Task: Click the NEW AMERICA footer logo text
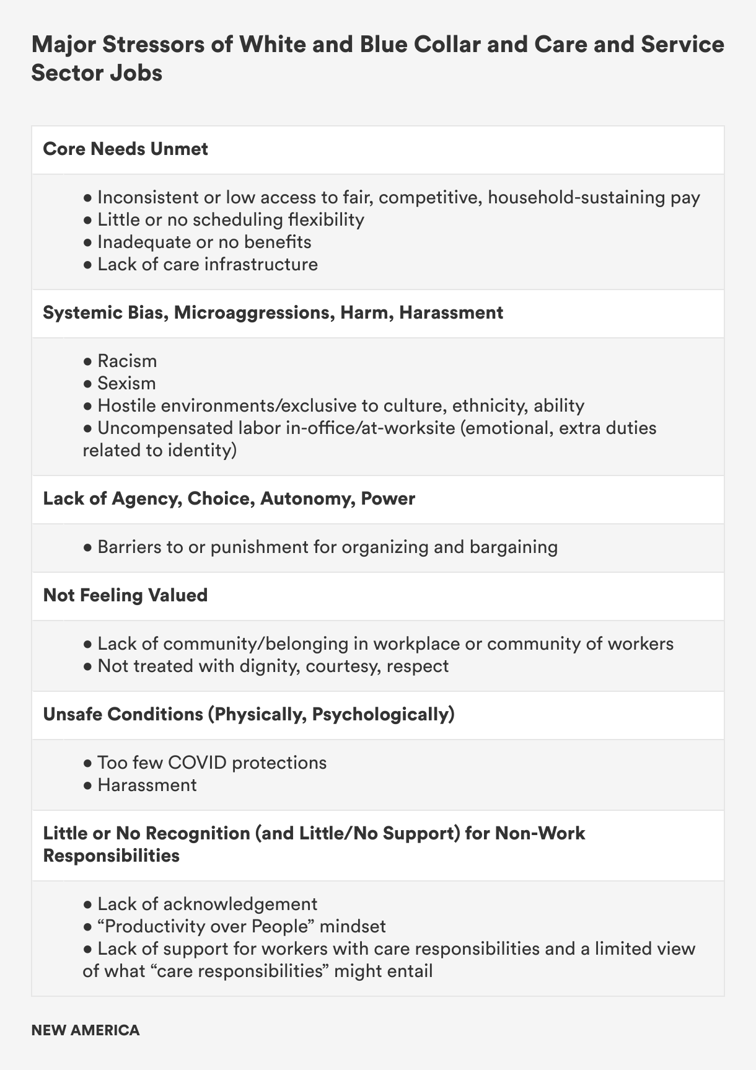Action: pos(86,1030)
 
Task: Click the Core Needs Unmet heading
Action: pos(125,149)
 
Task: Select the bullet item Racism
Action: pos(126,361)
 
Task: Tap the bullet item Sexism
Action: pos(126,383)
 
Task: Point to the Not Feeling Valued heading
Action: pos(125,595)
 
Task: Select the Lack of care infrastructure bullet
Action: pos(207,264)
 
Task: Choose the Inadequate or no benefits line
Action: pos(204,242)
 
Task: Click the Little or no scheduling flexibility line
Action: pos(231,219)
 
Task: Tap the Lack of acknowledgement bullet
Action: pos(207,904)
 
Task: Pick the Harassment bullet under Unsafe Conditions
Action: pos(147,785)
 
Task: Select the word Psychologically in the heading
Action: pos(383,714)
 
